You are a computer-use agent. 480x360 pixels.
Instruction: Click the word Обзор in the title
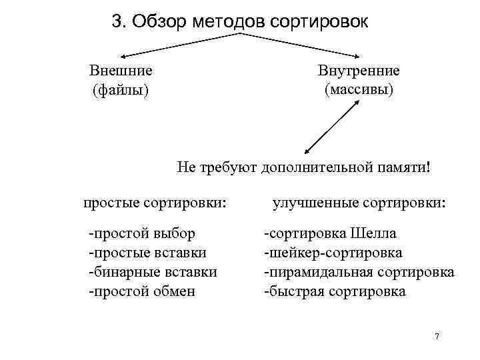[158, 22]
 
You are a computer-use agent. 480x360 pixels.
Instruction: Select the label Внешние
[121, 70]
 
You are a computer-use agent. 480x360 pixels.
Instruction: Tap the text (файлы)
[121, 89]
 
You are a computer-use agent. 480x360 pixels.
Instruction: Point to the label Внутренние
[359, 70]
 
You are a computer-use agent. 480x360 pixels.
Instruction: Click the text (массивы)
[359, 88]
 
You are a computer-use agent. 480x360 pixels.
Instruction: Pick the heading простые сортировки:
[154, 201]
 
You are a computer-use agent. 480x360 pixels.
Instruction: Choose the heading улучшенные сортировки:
[359, 201]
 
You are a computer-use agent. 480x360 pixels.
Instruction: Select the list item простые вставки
[147, 253]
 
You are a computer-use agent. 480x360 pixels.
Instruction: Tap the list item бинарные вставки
[153, 272]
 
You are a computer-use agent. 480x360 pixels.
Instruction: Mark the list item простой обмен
[141, 291]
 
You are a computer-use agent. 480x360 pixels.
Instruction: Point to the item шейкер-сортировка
[333, 253]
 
